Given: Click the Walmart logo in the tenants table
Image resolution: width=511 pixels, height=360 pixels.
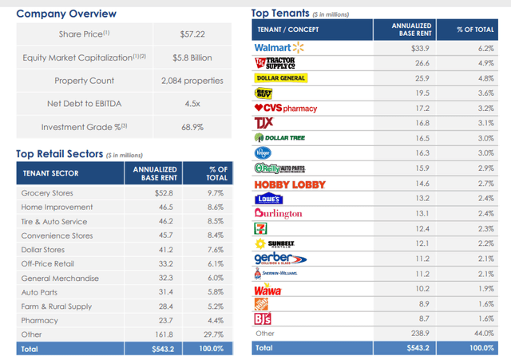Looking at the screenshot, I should [x=275, y=48].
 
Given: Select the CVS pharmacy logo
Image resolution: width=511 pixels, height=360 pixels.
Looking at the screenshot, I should [x=285, y=108].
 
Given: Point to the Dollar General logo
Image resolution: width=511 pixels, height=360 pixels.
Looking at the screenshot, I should [x=281, y=78].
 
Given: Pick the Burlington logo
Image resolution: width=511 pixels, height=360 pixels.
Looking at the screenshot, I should [x=279, y=213].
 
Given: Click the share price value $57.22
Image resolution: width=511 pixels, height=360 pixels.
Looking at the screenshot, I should [x=196, y=34].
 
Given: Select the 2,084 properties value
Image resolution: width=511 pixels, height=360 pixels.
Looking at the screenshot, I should [x=196, y=80].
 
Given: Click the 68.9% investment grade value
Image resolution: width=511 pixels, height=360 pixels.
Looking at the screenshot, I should [x=196, y=127].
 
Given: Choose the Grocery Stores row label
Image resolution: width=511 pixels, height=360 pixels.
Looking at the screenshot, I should [x=46, y=192].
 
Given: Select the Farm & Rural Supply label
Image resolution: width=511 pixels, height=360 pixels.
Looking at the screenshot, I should [x=57, y=306].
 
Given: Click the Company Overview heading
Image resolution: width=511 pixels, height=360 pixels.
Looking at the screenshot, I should [x=65, y=14].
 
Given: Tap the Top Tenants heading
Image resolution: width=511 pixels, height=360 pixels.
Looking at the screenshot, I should [x=283, y=13].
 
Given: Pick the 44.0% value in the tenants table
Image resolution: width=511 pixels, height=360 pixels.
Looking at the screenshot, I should [x=483, y=333].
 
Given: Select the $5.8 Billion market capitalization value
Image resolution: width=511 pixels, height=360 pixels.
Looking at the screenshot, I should [x=196, y=57].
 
